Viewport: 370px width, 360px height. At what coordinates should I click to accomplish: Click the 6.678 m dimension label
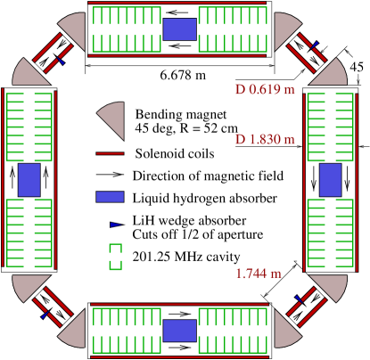[x=183, y=75]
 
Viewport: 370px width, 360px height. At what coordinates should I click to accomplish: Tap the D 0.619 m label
[x=265, y=89]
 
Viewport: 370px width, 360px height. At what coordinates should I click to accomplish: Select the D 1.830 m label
[x=265, y=139]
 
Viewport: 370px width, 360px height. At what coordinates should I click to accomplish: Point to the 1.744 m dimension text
[x=259, y=274]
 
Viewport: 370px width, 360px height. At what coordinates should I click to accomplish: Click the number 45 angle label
[x=357, y=67]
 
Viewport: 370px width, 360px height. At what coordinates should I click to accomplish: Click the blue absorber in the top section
[x=180, y=29]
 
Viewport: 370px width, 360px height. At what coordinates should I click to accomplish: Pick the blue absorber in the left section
[x=29, y=180]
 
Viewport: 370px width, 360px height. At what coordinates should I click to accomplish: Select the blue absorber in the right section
[x=331, y=180]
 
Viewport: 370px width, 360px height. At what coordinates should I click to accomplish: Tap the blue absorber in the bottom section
[x=180, y=331]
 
